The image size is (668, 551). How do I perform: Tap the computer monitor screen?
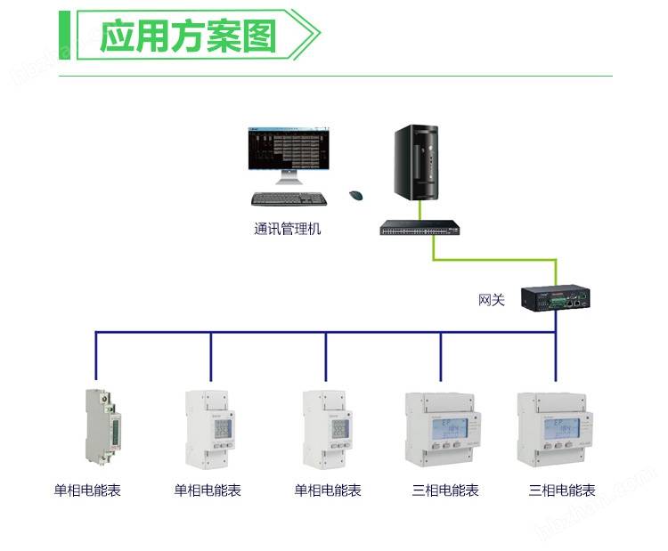coord(287,148)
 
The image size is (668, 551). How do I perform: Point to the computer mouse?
coord(356,195)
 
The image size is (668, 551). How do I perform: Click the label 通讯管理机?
coord(287,229)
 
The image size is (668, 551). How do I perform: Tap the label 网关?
coord(491,300)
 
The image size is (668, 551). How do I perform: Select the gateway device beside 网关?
coord(554,299)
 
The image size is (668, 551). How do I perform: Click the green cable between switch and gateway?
coord(494,260)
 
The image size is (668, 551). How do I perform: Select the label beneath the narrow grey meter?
coord(87,490)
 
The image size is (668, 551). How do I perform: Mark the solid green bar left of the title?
coord(63,36)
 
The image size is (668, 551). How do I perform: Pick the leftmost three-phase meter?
coord(442,431)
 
